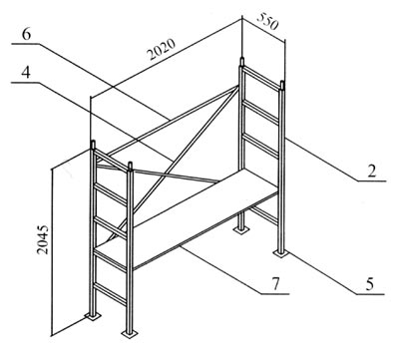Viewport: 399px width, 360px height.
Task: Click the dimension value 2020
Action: click(x=162, y=50)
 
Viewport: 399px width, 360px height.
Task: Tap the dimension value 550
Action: click(x=267, y=21)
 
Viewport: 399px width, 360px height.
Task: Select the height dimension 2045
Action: click(x=43, y=239)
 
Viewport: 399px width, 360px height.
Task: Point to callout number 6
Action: click(x=26, y=35)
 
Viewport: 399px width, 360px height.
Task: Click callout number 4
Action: click(x=26, y=73)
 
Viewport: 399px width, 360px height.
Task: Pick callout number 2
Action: click(x=372, y=171)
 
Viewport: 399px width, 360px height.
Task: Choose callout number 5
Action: click(x=369, y=285)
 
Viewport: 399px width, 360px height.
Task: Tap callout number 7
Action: click(x=275, y=284)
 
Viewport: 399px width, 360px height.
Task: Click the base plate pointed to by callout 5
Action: click(x=281, y=253)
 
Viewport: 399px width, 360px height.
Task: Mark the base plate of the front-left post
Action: click(x=129, y=333)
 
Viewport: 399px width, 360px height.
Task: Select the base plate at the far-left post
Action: click(x=93, y=316)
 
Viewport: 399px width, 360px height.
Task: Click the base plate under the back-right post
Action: click(x=241, y=229)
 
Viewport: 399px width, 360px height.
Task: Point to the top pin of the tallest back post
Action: click(x=242, y=62)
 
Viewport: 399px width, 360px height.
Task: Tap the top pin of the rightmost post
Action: click(x=282, y=85)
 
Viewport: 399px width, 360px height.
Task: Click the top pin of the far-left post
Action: click(x=93, y=145)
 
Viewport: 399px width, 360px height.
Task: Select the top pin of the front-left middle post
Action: click(x=130, y=167)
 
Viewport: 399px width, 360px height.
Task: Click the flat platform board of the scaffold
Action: click(x=187, y=217)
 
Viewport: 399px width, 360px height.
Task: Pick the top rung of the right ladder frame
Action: click(x=262, y=79)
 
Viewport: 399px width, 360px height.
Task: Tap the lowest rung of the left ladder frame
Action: click(x=110, y=293)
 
